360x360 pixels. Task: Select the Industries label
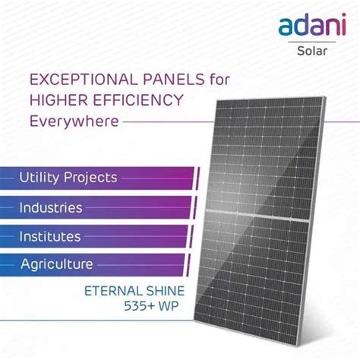(x=51, y=207)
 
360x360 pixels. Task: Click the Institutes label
(x=49, y=236)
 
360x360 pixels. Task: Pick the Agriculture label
(x=56, y=264)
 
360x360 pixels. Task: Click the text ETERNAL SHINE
(x=134, y=292)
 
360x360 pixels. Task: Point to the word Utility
(x=39, y=178)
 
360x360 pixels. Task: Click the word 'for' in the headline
(x=216, y=79)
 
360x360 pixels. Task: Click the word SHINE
(x=164, y=292)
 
